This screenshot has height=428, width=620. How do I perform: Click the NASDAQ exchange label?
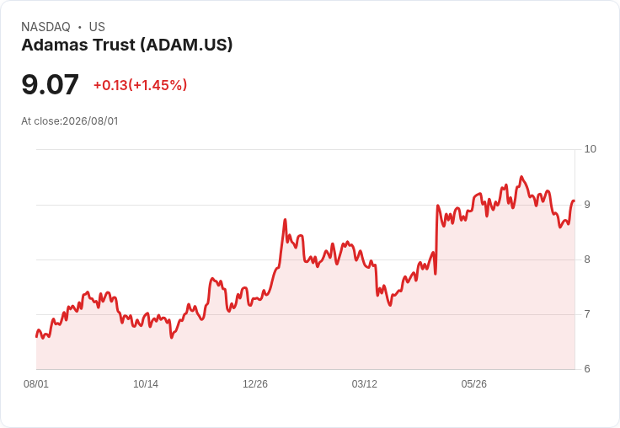click(x=45, y=27)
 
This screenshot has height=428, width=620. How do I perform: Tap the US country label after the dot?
click(x=97, y=27)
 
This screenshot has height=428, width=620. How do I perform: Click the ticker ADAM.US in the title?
click(x=186, y=45)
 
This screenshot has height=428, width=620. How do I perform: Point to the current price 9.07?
click(x=51, y=84)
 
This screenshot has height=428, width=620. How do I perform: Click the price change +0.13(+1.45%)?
click(x=141, y=85)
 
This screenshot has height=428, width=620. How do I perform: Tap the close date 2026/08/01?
click(x=90, y=121)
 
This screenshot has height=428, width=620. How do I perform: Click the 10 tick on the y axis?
click(x=590, y=149)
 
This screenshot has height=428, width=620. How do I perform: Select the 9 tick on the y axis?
click(x=587, y=205)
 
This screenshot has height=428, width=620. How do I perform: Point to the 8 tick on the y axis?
click(x=587, y=259)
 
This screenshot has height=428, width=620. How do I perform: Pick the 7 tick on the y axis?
click(x=587, y=314)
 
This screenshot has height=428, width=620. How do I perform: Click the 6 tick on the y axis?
click(x=587, y=369)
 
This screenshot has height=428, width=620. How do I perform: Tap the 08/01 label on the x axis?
click(x=36, y=384)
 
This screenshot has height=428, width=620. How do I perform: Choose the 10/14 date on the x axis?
click(x=146, y=384)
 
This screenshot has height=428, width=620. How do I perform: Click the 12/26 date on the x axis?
click(x=255, y=384)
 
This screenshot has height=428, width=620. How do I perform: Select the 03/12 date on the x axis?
click(x=365, y=384)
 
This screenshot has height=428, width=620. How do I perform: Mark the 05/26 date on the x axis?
click(x=473, y=384)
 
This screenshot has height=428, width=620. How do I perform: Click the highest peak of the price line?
click(x=521, y=176)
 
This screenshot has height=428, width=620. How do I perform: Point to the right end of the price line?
click(x=575, y=201)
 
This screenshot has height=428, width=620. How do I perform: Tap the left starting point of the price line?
click(x=36, y=337)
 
